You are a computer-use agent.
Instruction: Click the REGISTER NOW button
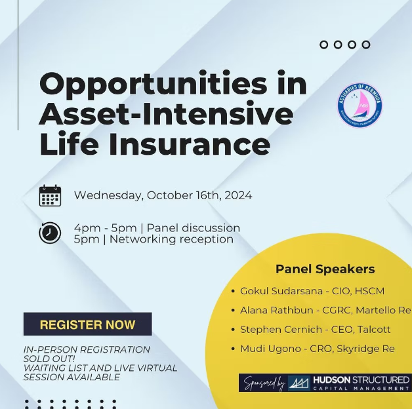(x=87, y=324)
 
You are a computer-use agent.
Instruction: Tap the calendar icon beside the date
(x=50, y=195)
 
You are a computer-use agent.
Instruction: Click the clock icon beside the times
(x=50, y=233)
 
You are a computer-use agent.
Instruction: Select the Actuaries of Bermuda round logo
(x=360, y=105)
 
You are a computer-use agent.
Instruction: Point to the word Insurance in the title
(x=190, y=144)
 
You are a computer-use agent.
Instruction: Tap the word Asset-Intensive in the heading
(x=166, y=114)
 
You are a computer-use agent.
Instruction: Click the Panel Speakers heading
(x=325, y=269)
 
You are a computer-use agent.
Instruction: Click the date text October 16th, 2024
(x=199, y=195)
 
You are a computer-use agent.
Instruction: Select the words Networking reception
(x=171, y=239)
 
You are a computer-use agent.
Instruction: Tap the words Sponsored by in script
(x=262, y=383)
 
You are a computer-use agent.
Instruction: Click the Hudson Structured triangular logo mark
(x=299, y=383)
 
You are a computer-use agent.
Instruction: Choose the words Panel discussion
(x=193, y=228)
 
